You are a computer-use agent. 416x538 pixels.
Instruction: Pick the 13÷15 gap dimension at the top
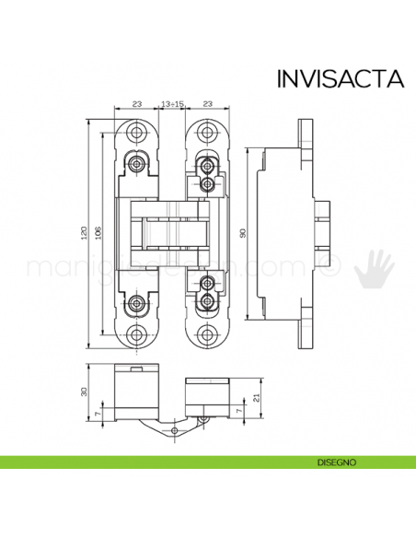(172, 104)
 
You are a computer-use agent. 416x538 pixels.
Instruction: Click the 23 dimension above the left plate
(136, 104)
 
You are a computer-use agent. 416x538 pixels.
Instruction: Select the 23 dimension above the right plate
(208, 104)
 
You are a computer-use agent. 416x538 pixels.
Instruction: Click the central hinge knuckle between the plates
(172, 233)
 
